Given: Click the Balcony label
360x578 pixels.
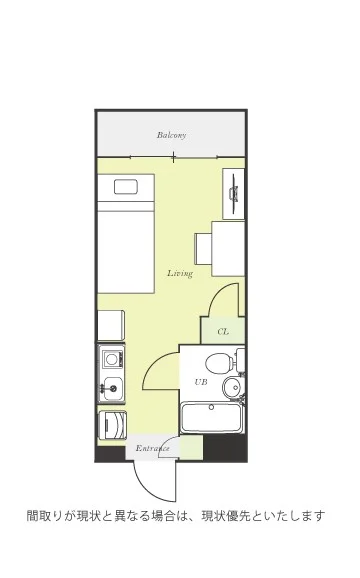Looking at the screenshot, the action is tap(171, 135).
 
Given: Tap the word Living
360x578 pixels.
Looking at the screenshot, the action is tap(180, 274).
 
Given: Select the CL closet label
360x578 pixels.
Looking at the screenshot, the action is tap(223, 332).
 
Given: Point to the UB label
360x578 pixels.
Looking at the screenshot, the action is tap(201, 382).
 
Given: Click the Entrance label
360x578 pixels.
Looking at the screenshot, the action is tap(153, 448).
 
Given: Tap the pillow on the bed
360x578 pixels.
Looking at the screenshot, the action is tap(126, 187).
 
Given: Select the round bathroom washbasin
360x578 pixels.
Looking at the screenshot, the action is tap(232, 387).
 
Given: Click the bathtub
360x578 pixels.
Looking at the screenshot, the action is tap(212, 418).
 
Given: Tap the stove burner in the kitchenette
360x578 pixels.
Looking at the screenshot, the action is tap(111, 358).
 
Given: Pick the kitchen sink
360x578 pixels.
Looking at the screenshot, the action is tap(112, 389).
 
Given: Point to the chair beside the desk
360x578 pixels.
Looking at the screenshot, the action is tap(203, 248).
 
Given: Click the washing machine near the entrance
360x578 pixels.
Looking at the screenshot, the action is tap(113, 425).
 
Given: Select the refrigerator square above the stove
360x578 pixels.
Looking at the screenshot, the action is tap(111, 325).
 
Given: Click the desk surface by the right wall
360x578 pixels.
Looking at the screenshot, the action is tap(228, 249).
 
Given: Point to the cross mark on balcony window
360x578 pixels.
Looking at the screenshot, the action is tap(173, 157).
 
